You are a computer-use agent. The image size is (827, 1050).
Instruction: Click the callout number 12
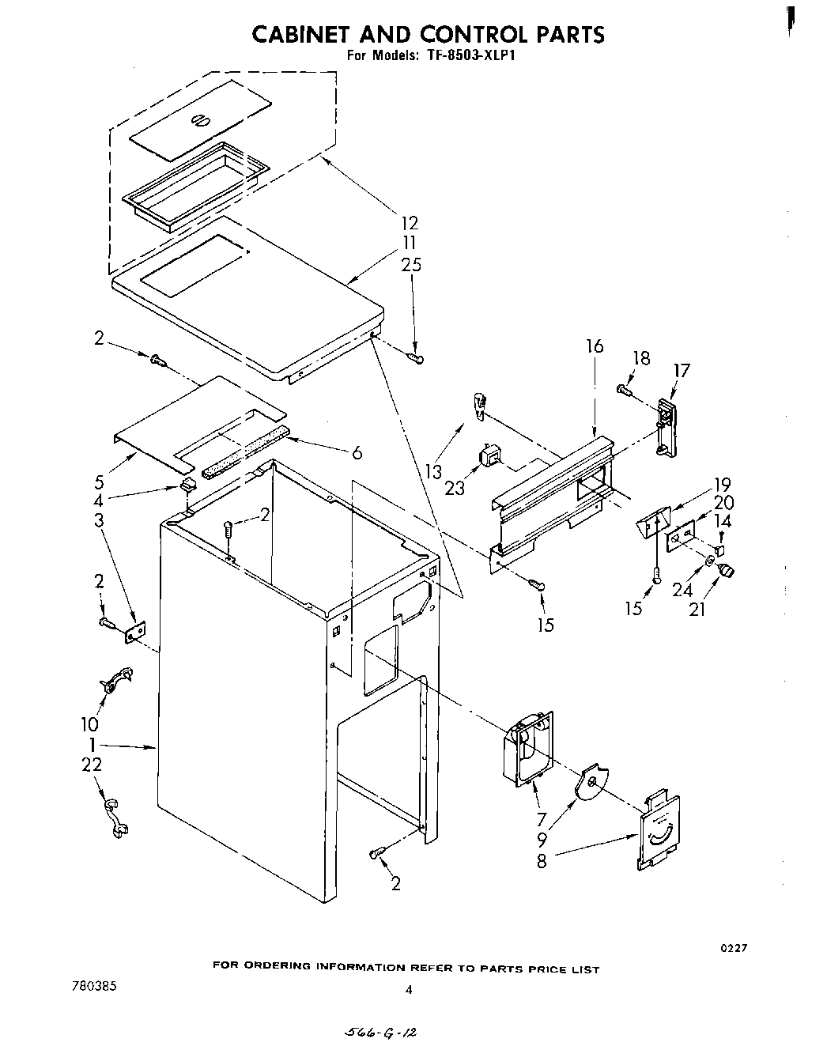[x=409, y=223]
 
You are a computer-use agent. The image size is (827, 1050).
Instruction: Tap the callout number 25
[x=410, y=265]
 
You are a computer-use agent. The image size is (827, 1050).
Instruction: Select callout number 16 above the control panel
[x=595, y=346]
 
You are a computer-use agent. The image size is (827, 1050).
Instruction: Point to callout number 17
[x=682, y=370]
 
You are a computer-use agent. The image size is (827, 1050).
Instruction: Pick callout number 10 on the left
[x=89, y=724]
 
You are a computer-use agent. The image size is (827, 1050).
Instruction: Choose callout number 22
[x=92, y=765]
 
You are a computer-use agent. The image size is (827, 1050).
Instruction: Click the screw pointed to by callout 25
[x=415, y=359]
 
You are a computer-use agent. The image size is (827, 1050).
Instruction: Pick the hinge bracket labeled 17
[x=665, y=427]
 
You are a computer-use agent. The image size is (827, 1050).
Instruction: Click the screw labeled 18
[x=624, y=389]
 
